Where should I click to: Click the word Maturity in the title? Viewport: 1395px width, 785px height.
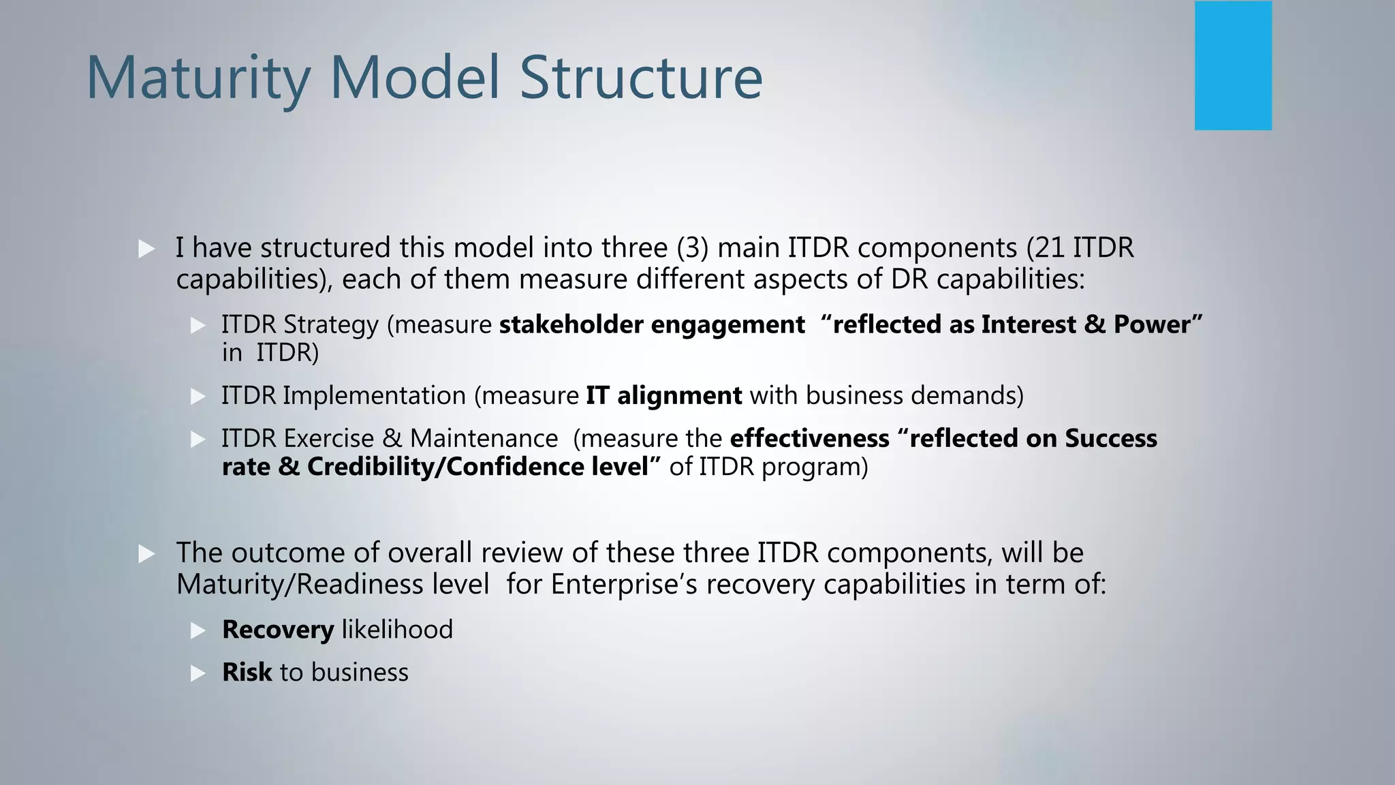coord(198,78)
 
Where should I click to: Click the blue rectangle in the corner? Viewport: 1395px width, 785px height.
coord(1233,65)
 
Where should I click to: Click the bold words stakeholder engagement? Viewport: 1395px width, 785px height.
coord(652,324)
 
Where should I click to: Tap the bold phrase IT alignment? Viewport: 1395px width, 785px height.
coord(663,395)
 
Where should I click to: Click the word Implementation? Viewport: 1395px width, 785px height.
coord(374,395)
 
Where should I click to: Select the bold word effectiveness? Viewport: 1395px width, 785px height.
coord(809,438)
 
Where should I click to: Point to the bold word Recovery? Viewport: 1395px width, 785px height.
coord(278,630)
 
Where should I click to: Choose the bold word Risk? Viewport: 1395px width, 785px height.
coord(247,673)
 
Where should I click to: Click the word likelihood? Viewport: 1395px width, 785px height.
coord(397,630)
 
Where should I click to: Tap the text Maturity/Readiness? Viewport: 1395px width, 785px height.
coord(332,585)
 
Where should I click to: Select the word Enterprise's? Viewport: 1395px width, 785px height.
coord(624,585)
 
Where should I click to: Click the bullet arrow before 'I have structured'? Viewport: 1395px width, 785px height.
coord(146,249)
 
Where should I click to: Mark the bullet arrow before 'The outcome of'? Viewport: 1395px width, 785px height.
coord(146,554)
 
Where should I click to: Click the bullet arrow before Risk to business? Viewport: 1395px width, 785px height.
coord(198,674)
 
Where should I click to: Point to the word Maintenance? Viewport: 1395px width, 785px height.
coord(484,438)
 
